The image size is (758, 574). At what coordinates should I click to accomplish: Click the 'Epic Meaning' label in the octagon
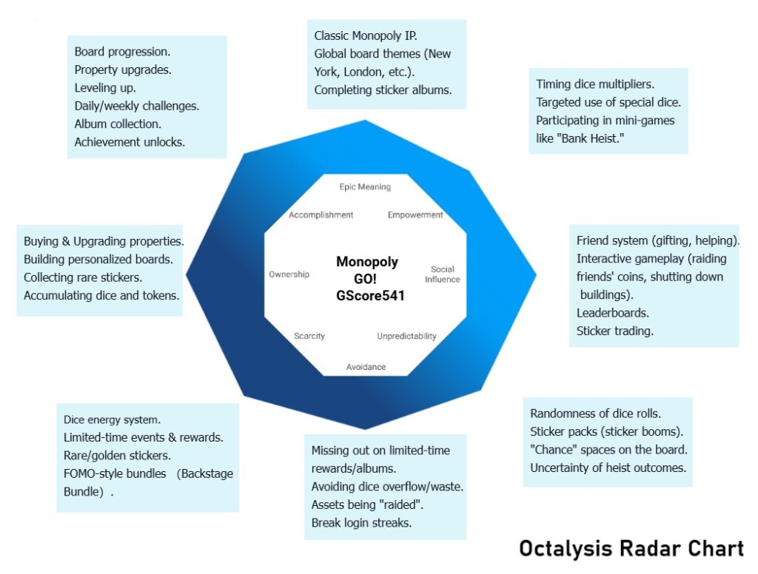click(365, 187)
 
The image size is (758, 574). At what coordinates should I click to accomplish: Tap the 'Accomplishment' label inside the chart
click(321, 215)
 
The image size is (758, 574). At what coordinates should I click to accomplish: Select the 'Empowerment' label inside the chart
click(415, 215)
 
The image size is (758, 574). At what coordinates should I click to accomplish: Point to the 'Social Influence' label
click(443, 274)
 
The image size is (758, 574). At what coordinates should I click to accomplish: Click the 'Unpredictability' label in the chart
click(406, 336)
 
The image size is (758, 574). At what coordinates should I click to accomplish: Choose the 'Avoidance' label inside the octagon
click(366, 367)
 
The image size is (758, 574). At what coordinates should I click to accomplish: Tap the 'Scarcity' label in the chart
click(309, 336)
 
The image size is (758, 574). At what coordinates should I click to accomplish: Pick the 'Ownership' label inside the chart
click(289, 274)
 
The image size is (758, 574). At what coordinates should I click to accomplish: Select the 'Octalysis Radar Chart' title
click(631, 549)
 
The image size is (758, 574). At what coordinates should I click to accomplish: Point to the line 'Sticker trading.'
click(615, 331)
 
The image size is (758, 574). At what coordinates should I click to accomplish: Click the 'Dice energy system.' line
click(112, 419)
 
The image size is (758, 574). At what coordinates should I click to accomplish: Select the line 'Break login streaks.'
click(361, 523)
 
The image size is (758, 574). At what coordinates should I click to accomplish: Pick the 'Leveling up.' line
click(104, 87)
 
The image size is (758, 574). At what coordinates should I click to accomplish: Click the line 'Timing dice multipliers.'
click(595, 84)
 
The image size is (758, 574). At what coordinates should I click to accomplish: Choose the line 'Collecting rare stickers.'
click(83, 277)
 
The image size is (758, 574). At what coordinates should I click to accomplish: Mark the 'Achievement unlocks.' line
click(130, 142)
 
